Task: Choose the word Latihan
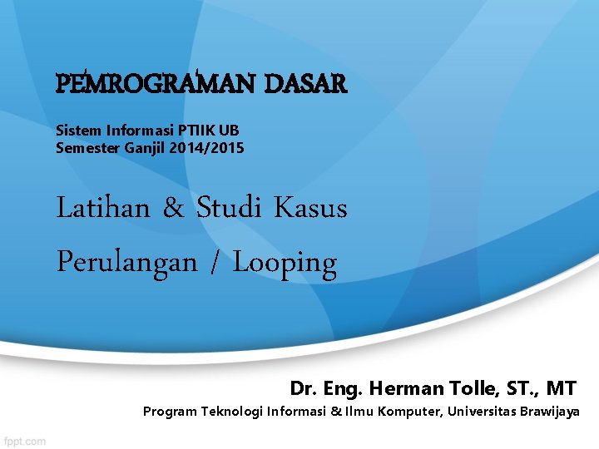point(102,208)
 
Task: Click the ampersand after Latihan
point(174,208)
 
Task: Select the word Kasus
point(310,208)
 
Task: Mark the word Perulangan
point(126,263)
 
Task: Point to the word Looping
point(285,264)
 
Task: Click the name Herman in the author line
point(400,387)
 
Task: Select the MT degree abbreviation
point(561,387)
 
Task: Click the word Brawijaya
point(548,412)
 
